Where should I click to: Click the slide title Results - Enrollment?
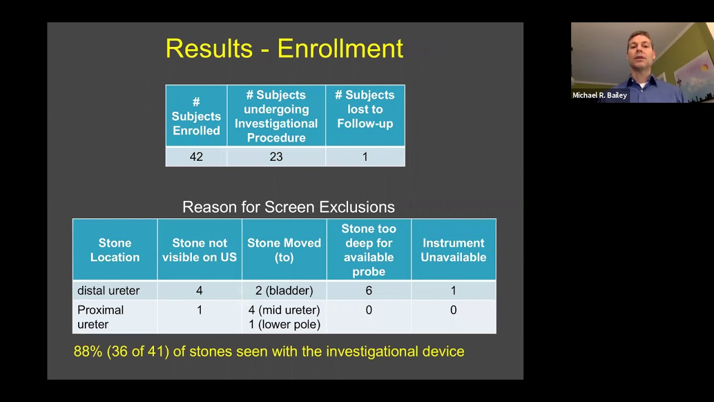[284, 49]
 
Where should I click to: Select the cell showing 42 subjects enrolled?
[196, 157]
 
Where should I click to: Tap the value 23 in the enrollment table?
[276, 157]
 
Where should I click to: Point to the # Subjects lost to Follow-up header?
[365, 109]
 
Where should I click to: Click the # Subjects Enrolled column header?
[196, 116]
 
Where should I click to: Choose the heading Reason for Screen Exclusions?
[288, 207]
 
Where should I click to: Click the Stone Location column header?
[115, 250]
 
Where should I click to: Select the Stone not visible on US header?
[199, 250]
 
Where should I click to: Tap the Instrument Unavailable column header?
[453, 250]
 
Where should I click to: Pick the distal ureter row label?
[109, 291]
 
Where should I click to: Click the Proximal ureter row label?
[100, 317]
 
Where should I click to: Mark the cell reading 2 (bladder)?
[284, 291]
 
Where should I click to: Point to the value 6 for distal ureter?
[369, 291]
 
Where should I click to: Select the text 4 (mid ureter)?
[284, 310]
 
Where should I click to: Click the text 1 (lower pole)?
[284, 324]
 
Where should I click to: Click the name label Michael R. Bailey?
[600, 95]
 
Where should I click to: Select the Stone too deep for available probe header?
[369, 250]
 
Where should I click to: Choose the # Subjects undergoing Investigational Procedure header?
[276, 116]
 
